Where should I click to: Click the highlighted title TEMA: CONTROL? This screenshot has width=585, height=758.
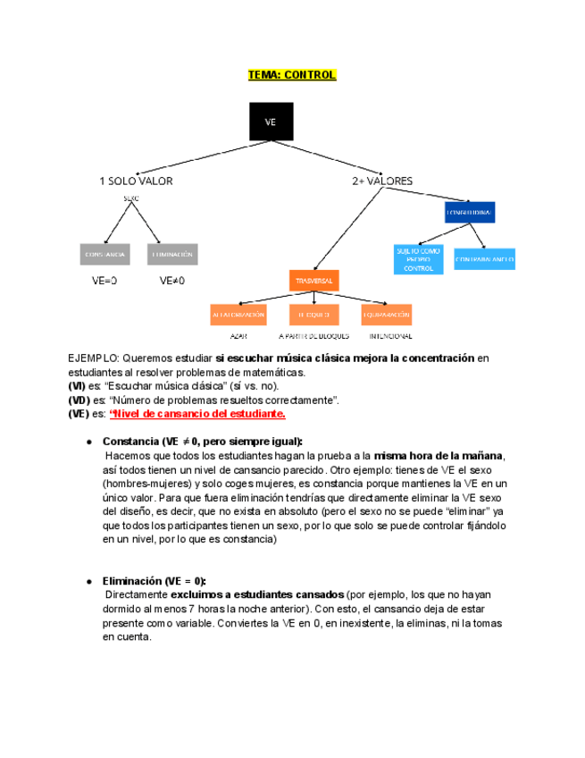pyautogui.click(x=292, y=75)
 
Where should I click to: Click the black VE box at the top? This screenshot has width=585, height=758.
pyautogui.click(x=270, y=122)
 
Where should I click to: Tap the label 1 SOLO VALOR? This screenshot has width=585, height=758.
pyautogui.click(x=136, y=181)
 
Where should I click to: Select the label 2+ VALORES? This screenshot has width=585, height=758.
pyautogui.click(x=382, y=181)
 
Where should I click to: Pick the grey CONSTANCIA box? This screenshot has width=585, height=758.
pyautogui.click(x=104, y=255)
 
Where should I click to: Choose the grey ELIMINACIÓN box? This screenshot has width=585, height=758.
pyautogui.click(x=172, y=255)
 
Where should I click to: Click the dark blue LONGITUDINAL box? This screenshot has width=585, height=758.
pyautogui.click(x=470, y=213)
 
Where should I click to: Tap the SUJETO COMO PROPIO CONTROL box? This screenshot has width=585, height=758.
pyautogui.click(x=418, y=259)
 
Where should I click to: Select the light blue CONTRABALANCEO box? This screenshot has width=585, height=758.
pyautogui.click(x=484, y=259)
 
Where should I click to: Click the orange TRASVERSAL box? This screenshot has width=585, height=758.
pyautogui.click(x=313, y=281)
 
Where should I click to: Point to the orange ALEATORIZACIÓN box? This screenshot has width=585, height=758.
pyautogui.click(x=238, y=315)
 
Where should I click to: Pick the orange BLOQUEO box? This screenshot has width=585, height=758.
pyautogui.click(x=313, y=315)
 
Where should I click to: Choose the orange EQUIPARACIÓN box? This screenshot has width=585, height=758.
pyautogui.click(x=387, y=315)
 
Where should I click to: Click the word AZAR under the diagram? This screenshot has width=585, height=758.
pyautogui.click(x=238, y=336)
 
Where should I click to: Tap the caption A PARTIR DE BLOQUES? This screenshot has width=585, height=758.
pyautogui.click(x=313, y=336)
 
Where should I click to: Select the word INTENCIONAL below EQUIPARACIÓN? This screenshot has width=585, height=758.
pyautogui.click(x=390, y=336)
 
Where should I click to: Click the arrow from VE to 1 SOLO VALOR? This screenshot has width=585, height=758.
pyautogui.click(x=192, y=156)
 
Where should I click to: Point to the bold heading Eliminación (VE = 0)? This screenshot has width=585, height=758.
pyautogui.click(x=155, y=580)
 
